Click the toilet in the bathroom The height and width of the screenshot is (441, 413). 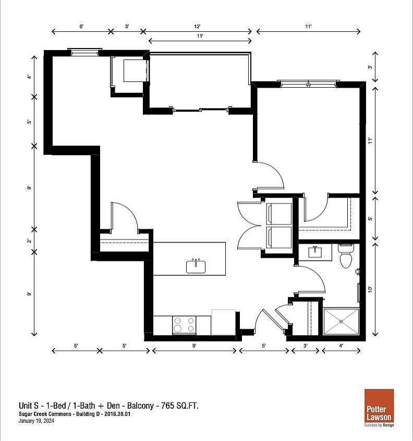click(x=346, y=256)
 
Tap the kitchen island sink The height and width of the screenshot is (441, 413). click(x=196, y=266)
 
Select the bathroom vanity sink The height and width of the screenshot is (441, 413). click(x=315, y=252)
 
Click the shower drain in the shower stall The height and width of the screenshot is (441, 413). click(x=342, y=321)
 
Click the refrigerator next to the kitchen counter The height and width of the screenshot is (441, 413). click(x=224, y=323)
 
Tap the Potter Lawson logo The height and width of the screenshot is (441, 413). click(x=379, y=408)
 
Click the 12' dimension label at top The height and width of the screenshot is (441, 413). click(x=197, y=27)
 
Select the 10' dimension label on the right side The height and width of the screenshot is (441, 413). click(x=370, y=290)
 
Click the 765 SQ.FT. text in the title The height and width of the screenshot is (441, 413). click(x=180, y=406)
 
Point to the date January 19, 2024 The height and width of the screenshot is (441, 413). click(x=37, y=421)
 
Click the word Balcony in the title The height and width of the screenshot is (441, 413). click(x=140, y=406)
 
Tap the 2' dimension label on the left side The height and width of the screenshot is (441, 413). click(x=29, y=241)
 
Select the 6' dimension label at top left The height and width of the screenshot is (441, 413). click(x=81, y=27)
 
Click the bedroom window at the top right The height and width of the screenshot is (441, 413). click(x=308, y=84)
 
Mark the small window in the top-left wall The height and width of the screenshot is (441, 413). click(x=84, y=52)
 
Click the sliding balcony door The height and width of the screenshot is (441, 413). click(x=201, y=110)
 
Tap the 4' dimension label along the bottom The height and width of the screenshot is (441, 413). click(x=341, y=345)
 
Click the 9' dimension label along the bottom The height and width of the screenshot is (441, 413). click(x=194, y=345)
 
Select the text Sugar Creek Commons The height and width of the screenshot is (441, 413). click(x=45, y=414)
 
